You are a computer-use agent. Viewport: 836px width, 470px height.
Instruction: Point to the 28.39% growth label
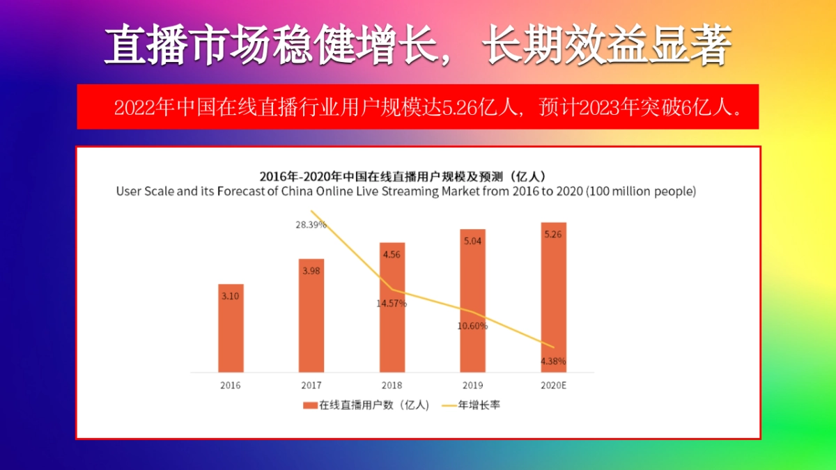point(311,225)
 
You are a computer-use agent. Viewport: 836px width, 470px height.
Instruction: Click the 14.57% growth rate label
point(392,304)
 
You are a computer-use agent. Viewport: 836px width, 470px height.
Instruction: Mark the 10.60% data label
point(472,326)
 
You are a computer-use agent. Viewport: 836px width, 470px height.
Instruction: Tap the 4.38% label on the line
point(553,361)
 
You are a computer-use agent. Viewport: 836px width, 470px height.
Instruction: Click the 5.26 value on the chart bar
point(553,235)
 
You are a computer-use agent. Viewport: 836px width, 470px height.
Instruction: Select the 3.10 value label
point(231,296)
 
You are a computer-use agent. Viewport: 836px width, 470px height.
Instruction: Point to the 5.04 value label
point(472,241)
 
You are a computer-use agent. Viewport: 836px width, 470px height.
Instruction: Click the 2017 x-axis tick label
point(311,385)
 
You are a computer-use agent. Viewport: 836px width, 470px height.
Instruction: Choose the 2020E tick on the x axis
point(553,385)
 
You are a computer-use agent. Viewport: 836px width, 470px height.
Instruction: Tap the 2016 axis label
point(231,385)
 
